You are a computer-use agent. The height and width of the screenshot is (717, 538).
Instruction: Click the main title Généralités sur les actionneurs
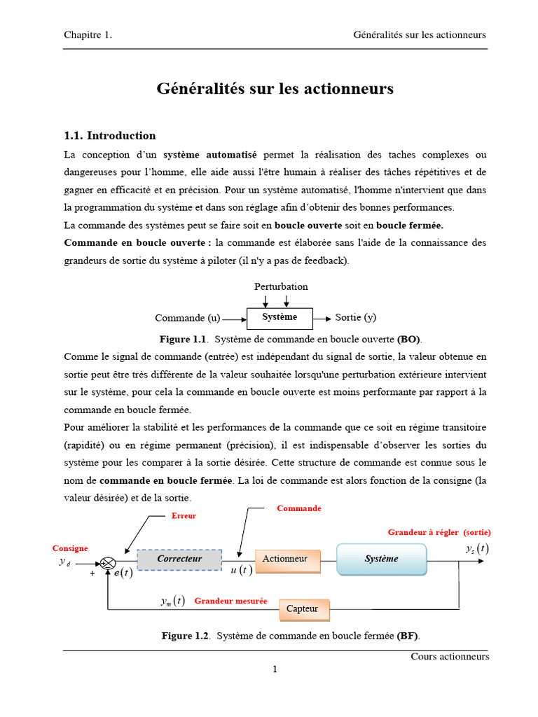tap(275, 89)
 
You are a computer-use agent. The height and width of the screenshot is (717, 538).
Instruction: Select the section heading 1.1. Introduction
tap(109, 135)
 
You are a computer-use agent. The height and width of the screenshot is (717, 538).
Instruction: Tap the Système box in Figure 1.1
tap(280, 317)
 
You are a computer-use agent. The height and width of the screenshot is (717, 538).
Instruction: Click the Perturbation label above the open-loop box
tap(281, 286)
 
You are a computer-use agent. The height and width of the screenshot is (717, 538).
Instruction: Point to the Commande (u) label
tap(187, 318)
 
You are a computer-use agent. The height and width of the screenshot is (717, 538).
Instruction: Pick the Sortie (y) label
tap(356, 317)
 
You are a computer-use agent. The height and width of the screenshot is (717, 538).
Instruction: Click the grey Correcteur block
tap(179, 559)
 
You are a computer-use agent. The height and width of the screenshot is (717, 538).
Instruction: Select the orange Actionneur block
tap(286, 559)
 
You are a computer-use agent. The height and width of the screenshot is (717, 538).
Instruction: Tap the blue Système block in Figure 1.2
tap(382, 559)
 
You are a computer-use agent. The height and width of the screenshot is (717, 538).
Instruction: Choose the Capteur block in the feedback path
tap(303, 608)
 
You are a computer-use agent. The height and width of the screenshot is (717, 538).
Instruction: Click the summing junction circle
tap(107, 563)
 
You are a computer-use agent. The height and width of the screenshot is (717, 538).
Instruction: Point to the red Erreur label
tap(184, 516)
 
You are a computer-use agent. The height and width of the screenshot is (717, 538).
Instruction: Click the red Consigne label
tap(70, 548)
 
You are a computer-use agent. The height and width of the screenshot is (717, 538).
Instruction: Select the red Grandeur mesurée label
tap(230, 601)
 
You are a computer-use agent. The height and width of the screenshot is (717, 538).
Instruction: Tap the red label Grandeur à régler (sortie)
tap(439, 532)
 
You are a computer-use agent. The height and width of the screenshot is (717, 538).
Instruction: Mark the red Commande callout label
tap(299, 508)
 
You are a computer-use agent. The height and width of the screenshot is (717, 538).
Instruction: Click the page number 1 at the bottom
tap(275, 669)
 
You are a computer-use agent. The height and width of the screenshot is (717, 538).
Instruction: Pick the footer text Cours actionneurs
tap(450, 657)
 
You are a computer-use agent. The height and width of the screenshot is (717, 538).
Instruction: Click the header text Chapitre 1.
tap(88, 35)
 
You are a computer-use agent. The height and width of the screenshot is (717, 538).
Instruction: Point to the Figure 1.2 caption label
tap(186, 636)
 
